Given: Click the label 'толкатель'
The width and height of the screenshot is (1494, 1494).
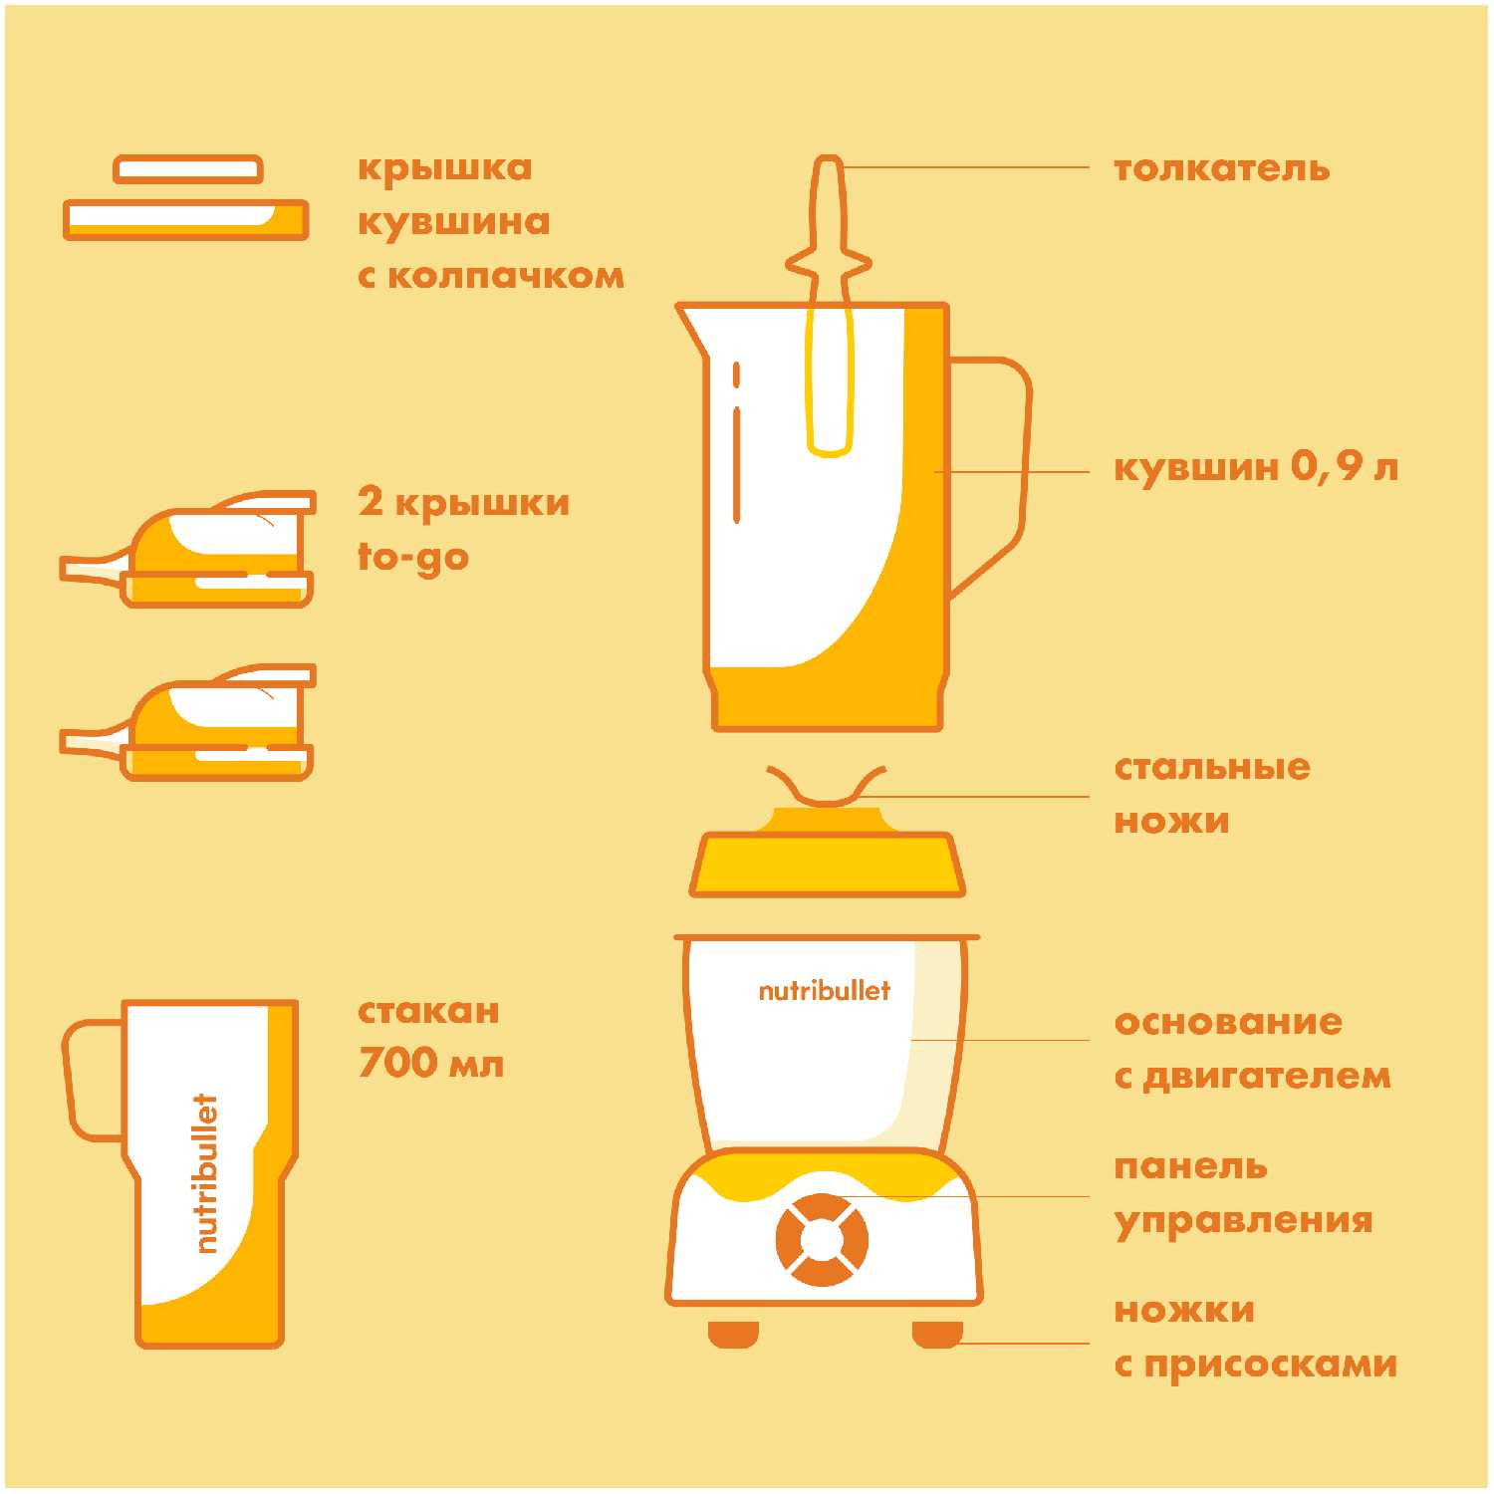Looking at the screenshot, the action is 1222,168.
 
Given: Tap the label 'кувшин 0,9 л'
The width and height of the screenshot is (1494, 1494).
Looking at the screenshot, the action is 1256,466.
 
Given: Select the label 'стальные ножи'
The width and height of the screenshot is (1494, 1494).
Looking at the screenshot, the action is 1212,794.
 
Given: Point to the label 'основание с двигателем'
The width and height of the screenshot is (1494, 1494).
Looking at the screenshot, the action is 1252,1049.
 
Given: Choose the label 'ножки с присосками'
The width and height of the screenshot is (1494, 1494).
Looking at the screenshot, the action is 1255,1337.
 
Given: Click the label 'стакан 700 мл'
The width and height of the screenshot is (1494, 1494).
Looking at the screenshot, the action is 431,1037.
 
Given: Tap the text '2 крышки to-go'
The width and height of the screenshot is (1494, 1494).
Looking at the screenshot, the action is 464,530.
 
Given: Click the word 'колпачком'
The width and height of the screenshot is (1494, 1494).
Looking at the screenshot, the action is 506,276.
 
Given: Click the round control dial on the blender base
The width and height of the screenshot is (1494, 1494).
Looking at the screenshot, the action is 822,1239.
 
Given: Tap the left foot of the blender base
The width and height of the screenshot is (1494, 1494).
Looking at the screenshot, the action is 734,1334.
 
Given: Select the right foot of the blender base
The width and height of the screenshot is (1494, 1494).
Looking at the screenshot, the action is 937,1334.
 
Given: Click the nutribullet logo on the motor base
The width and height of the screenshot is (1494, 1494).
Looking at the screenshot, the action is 825,990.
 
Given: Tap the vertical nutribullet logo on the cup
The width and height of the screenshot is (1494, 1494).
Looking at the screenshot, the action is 204,1173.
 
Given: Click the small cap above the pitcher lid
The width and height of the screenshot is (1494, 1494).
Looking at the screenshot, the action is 188,169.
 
